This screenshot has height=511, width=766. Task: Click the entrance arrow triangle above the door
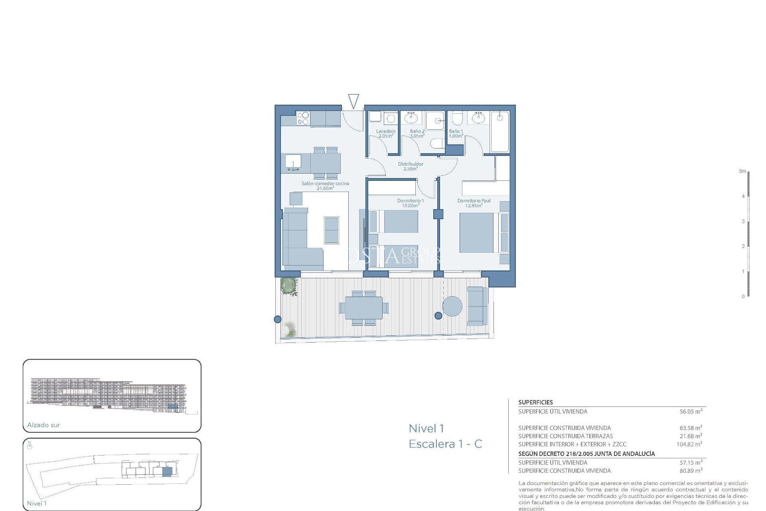(x=353, y=101)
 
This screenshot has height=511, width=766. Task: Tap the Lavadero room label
(x=385, y=133)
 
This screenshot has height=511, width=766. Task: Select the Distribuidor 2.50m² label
(x=411, y=166)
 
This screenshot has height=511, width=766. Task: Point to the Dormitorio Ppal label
(x=474, y=203)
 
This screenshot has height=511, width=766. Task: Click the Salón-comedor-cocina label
(x=325, y=186)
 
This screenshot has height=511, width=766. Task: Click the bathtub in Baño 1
(x=499, y=132)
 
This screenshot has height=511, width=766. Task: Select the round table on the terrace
(x=452, y=307)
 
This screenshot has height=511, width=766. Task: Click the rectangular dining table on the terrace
(x=363, y=308)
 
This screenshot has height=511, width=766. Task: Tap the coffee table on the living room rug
(x=331, y=230)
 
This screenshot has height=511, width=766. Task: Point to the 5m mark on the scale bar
(x=742, y=171)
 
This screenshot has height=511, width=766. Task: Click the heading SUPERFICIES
(x=535, y=402)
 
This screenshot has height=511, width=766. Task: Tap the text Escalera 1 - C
(x=445, y=444)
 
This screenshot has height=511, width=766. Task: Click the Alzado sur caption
(x=43, y=425)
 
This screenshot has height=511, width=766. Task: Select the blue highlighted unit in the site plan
(x=167, y=471)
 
